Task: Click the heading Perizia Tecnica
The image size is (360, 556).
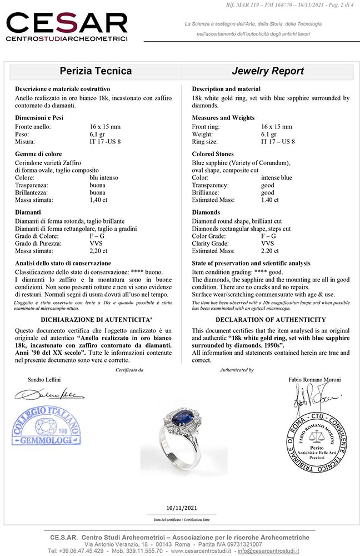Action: (96, 71)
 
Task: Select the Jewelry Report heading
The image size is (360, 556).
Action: (267, 71)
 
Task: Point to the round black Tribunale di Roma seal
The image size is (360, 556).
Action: (314, 439)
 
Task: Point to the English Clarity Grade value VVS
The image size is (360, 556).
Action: (267, 243)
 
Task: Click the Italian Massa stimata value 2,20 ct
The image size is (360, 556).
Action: (99, 251)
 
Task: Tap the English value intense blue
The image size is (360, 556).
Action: (276, 177)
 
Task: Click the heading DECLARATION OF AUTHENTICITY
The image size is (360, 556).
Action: (271, 320)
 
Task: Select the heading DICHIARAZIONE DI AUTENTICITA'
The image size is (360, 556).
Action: (96, 320)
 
